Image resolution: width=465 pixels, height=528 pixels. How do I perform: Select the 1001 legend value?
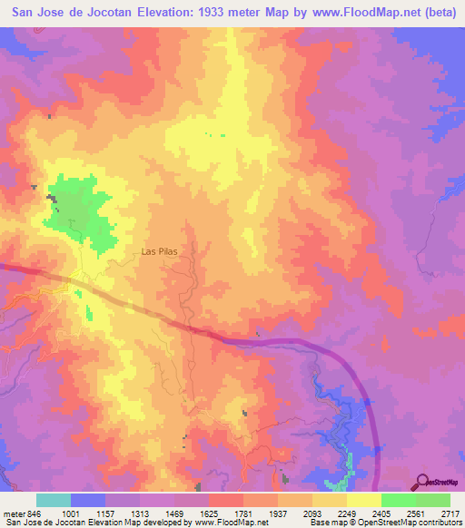(x=72, y=513)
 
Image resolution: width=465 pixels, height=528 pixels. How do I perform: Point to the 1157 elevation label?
(x=106, y=513)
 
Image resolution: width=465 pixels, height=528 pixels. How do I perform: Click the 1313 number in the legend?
(x=141, y=513)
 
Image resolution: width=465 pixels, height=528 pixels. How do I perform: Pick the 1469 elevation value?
(x=175, y=513)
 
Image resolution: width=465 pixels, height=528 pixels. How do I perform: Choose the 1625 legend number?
(x=210, y=513)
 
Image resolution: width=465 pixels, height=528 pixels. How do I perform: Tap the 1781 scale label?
(x=244, y=513)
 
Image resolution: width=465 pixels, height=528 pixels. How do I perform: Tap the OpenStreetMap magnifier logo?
(x=420, y=482)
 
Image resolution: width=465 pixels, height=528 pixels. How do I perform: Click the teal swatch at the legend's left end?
(x=54, y=500)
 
